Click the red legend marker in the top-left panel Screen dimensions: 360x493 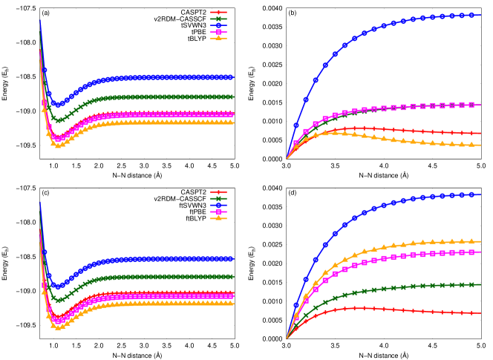tap(218, 13)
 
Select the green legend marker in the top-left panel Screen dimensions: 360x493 tap(218, 19)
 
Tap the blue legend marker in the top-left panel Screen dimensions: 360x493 tap(218, 26)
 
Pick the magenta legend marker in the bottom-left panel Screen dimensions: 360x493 tap(218, 212)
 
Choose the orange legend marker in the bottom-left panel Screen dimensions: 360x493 tap(218, 219)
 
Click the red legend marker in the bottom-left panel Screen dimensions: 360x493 tap(218, 192)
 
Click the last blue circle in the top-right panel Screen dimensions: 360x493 tap(471, 15)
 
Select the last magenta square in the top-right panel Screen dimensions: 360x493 tap(471, 105)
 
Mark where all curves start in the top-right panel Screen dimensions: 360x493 tap(287, 159)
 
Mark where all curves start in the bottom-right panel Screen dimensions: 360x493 tap(287, 339)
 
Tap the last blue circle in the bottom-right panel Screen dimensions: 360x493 tap(471, 194)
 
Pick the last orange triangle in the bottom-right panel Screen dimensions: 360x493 tap(471, 241)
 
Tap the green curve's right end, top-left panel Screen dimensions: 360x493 tap(232, 97)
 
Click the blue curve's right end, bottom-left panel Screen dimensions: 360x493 tap(232, 259)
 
